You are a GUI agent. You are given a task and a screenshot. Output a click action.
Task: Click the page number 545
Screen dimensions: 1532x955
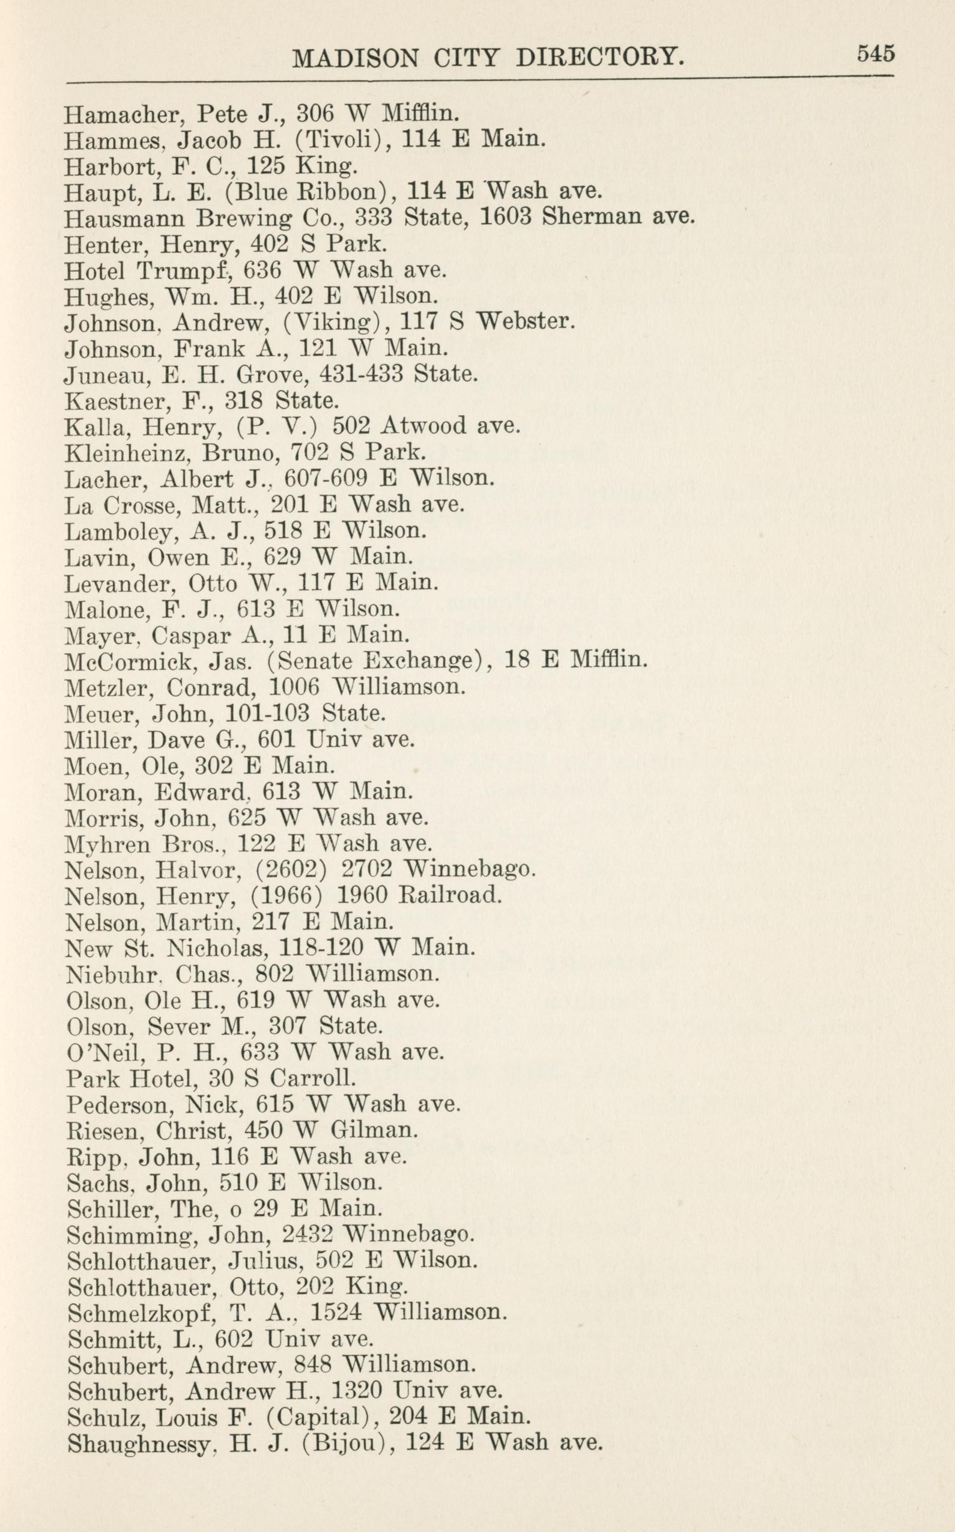(x=876, y=53)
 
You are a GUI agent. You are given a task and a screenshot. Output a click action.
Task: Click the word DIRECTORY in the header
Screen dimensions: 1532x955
(x=599, y=59)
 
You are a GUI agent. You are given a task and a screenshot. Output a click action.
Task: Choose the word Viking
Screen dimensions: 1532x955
(x=329, y=322)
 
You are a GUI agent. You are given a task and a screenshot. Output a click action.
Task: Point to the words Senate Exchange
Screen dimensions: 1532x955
(x=375, y=661)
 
